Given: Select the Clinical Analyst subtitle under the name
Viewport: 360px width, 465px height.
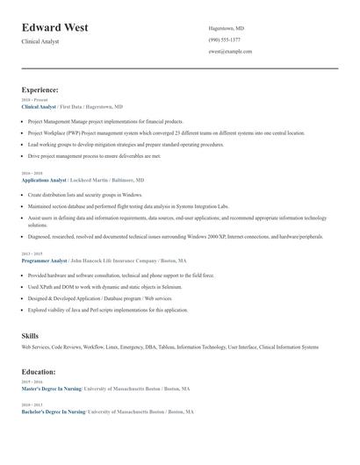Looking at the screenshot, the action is (x=41, y=41).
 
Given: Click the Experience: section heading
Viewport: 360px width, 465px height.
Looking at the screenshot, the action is (x=40, y=89).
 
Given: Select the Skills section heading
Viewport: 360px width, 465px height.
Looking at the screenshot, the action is (x=30, y=336).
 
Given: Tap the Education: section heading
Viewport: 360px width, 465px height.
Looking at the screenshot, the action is (x=40, y=372).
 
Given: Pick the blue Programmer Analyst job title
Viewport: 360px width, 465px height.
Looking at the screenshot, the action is (x=44, y=261).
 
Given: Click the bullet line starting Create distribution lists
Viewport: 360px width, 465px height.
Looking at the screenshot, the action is (x=85, y=195).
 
